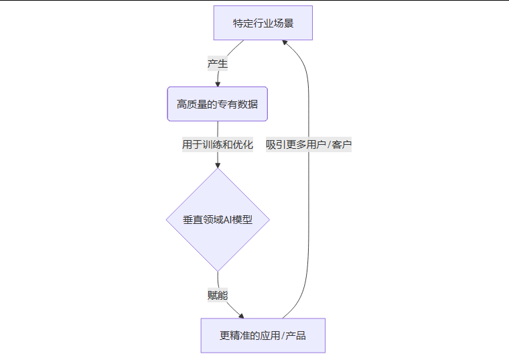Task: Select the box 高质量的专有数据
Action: tap(217, 104)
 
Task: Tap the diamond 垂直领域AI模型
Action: tap(218, 220)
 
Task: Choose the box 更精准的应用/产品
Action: tap(263, 335)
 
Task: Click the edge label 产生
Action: tap(218, 64)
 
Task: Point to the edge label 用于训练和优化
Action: tap(218, 144)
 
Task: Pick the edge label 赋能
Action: tap(218, 294)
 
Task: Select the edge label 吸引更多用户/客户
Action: tap(309, 144)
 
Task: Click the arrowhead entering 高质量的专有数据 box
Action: tap(218, 84)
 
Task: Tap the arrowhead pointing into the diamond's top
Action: tap(218, 165)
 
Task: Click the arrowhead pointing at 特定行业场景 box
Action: tap(285, 43)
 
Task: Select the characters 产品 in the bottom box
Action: tap(296, 335)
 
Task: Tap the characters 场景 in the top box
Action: tap(283, 23)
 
